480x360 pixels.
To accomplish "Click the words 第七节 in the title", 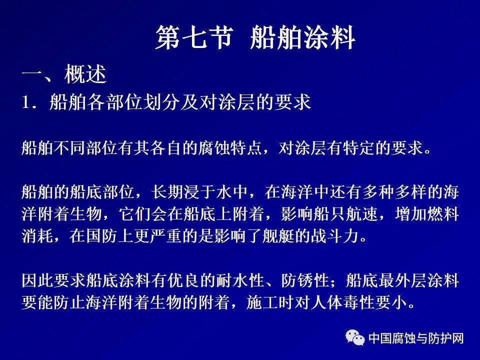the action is coord(194,37).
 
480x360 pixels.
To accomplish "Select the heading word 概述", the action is coord(85,74).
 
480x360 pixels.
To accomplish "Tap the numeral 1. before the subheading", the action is coord(29,102).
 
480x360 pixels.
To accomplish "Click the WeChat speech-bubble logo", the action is coord(355,337).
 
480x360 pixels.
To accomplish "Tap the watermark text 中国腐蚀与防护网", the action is coord(416,338).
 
